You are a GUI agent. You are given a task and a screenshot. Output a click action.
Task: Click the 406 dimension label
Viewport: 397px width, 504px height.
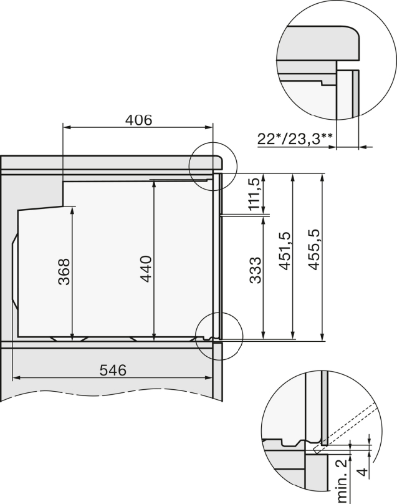138,120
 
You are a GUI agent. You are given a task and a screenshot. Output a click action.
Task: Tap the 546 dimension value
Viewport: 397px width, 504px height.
113,370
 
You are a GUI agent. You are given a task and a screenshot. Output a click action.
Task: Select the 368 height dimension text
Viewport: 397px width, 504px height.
64,271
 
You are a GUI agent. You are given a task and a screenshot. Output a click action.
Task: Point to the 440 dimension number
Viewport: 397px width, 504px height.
146,269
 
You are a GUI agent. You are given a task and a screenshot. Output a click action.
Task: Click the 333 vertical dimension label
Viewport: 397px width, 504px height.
256,270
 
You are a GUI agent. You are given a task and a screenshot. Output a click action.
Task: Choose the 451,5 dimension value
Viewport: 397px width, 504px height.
285,251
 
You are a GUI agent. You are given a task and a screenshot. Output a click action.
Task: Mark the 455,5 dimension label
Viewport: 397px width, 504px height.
314,250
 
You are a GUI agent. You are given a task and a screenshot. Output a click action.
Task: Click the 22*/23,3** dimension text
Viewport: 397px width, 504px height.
295,139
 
